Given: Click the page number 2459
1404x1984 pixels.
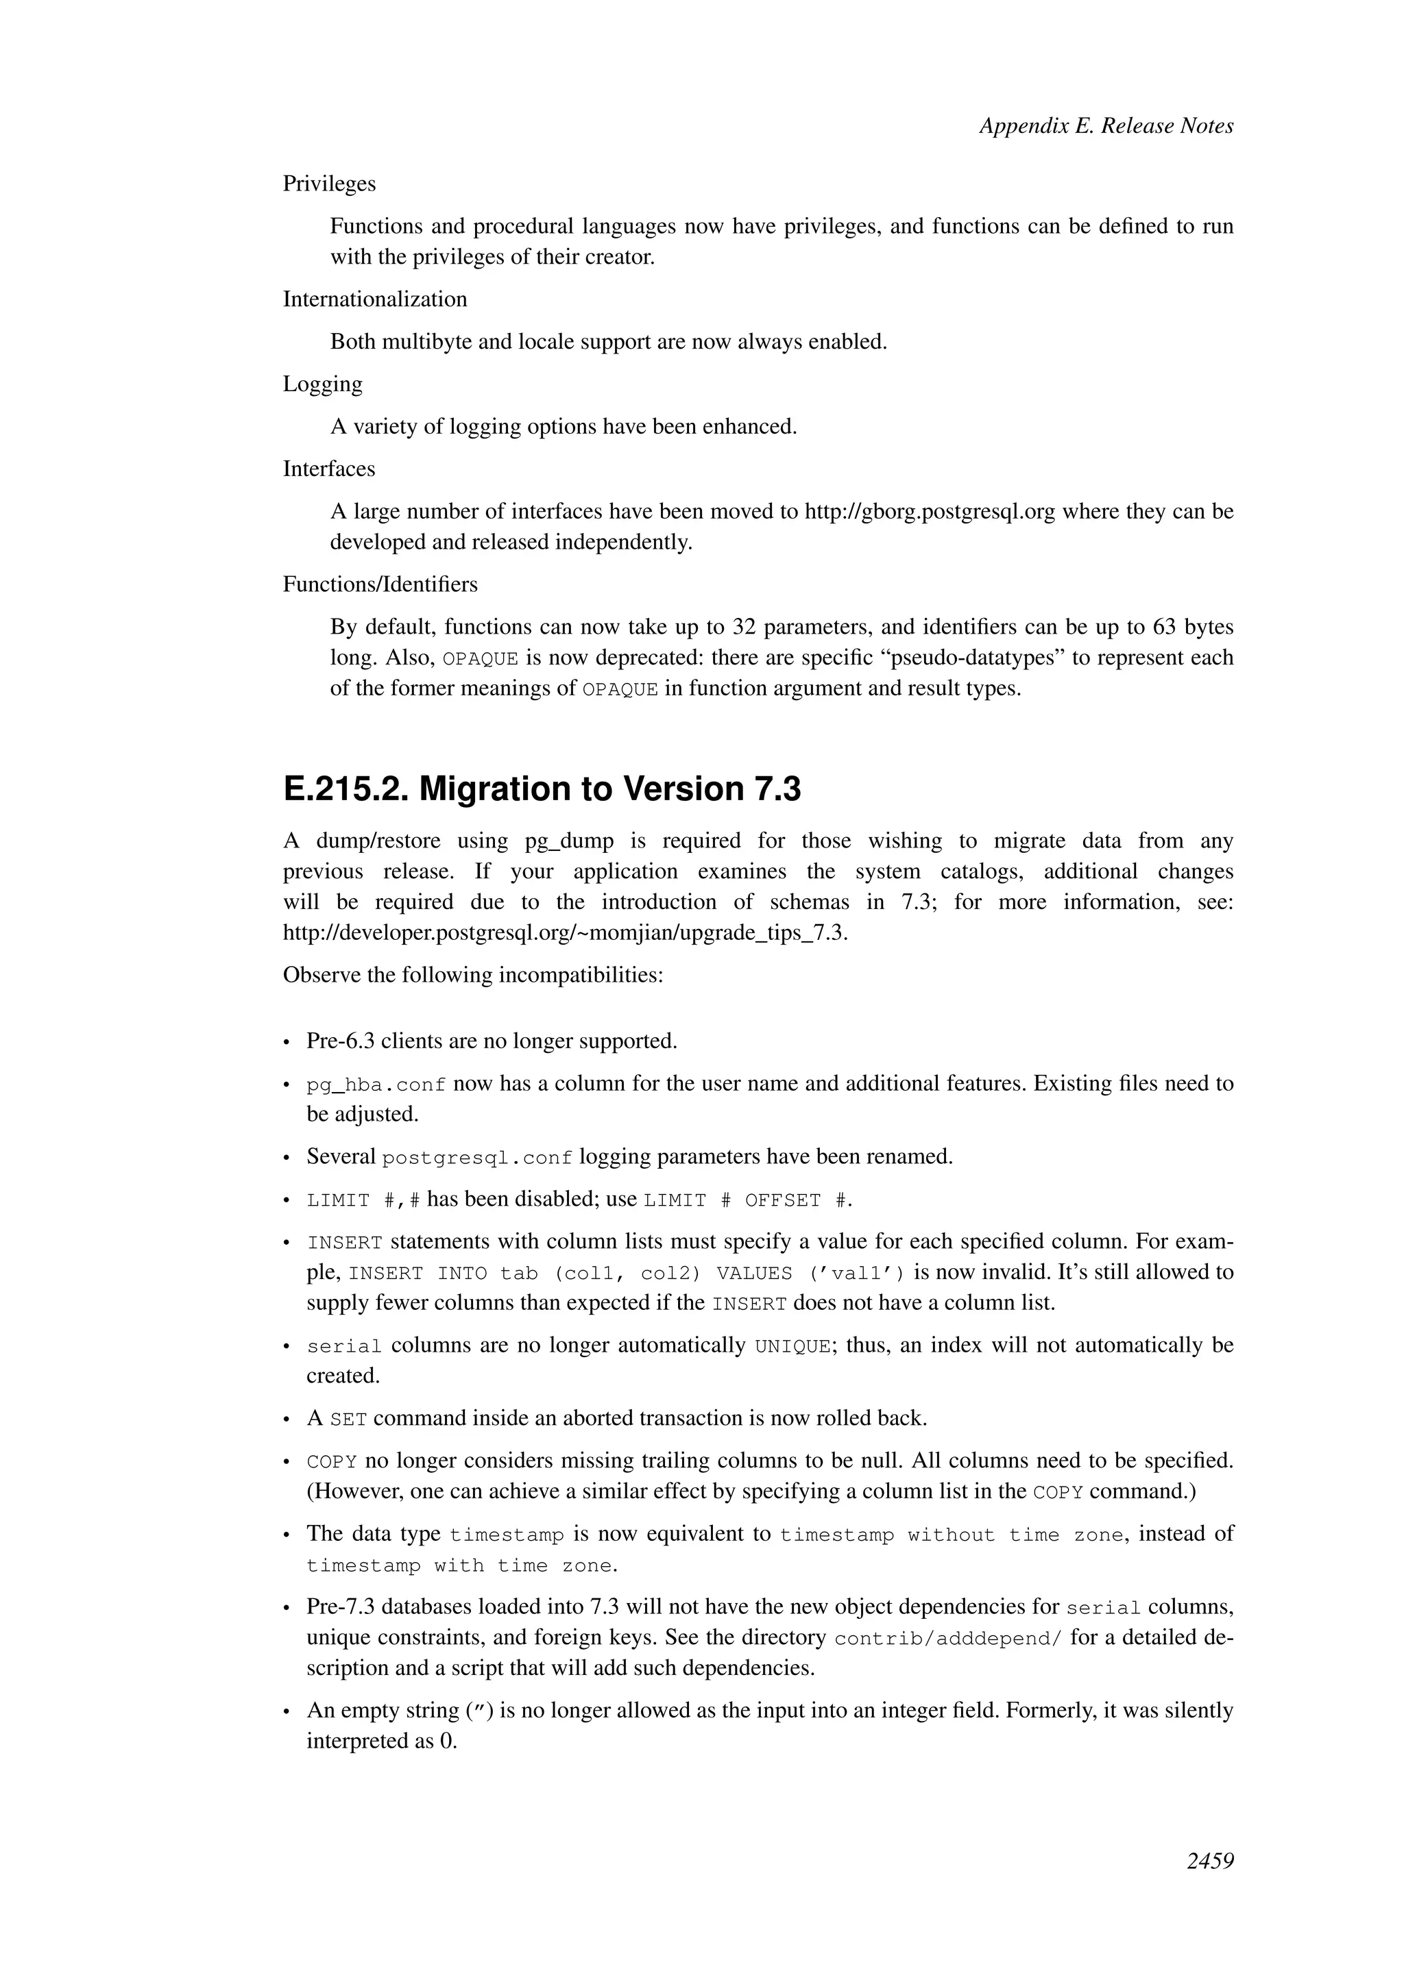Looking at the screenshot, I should click(x=1209, y=1861).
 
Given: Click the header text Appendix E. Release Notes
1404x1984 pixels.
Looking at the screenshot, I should click(x=1106, y=126).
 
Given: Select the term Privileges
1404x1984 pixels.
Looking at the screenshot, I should click(x=329, y=184).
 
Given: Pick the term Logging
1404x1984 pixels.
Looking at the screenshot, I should click(x=322, y=384).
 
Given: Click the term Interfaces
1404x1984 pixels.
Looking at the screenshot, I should click(x=328, y=469).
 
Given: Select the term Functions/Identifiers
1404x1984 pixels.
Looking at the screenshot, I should click(x=380, y=584).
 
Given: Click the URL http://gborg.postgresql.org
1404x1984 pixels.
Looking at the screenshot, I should click(x=930, y=512).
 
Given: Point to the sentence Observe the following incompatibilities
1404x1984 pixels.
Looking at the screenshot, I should click(x=473, y=975).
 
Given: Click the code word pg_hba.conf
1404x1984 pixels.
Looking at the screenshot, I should click(x=376, y=1084).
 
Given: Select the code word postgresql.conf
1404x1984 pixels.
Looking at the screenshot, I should click(x=477, y=1158).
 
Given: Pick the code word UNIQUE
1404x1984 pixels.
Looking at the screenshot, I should click(x=792, y=1346).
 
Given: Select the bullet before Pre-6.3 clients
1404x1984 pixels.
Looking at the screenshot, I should click(x=287, y=1042).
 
